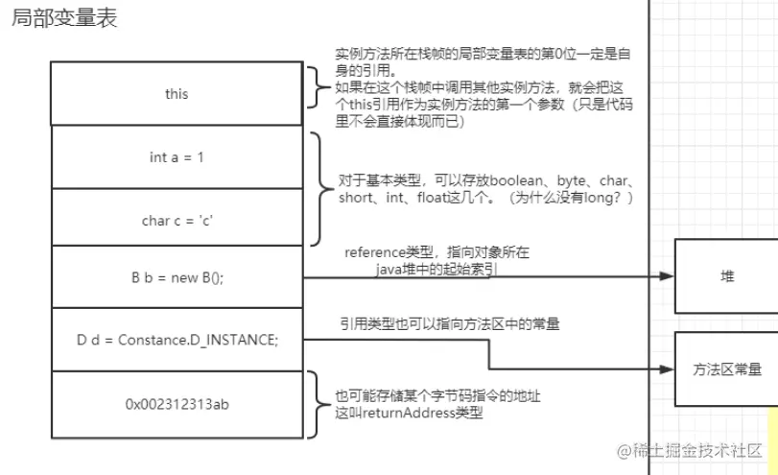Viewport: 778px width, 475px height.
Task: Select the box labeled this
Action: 177,94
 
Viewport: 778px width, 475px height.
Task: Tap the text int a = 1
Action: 177,157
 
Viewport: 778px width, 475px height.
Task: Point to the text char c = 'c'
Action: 177,220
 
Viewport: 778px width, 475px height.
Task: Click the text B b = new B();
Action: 177,277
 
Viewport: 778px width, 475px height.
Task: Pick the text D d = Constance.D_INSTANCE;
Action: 177,339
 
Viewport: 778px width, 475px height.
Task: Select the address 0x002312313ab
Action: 177,404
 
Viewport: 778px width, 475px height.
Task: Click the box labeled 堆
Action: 726,276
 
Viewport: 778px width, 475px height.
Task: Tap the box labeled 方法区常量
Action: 726,368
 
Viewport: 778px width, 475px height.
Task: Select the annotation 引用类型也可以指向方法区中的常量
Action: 449,324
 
